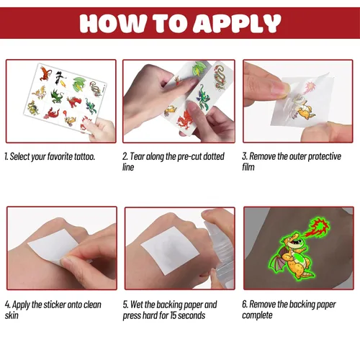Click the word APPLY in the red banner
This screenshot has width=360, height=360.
tap(237, 23)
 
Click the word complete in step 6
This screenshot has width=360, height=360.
tap(257, 315)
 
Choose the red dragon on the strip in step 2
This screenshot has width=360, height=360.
tap(184, 120)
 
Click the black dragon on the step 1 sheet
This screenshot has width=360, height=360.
tap(60, 78)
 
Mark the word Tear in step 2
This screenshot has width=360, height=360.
tap(137, 156)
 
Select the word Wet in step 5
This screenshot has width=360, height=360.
tap(136, 305)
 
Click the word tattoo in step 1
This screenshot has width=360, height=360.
tap(84, 156)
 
